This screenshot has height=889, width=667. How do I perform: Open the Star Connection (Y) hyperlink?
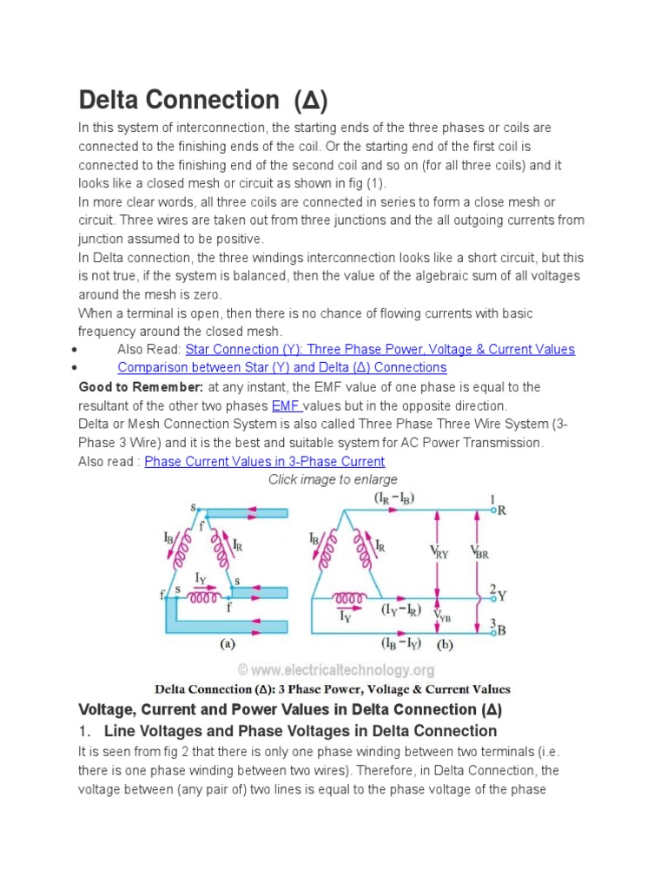coord(380,349)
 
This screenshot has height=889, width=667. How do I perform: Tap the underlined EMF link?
coord(287,405)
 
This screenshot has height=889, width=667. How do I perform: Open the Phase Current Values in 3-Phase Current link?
coord(264,462)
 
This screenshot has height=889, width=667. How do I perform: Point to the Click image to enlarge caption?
coord(333,479)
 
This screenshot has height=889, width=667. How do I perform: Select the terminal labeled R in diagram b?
coord(500,510)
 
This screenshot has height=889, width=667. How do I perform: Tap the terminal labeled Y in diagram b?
coord(500,596)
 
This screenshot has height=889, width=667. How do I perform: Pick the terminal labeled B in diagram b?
coord(500,629)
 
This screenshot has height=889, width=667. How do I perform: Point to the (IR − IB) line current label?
coord(393,497)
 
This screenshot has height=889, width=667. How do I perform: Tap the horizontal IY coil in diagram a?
coord(204,598)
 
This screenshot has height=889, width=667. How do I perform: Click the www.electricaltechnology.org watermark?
coord(335,670)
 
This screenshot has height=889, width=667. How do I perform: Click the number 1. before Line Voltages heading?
coord(84,730)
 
